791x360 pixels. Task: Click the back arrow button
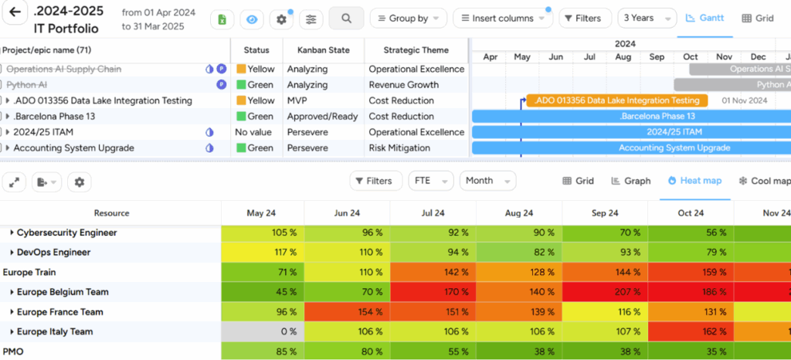15,14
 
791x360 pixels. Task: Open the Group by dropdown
408,18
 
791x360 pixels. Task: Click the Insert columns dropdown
502,18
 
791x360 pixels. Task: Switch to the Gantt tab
704,18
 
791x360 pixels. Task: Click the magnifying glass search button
346,18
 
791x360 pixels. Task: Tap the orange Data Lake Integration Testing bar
616,100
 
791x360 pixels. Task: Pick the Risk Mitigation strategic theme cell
399,148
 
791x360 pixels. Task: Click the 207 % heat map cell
606,292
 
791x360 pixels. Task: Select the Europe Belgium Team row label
63,292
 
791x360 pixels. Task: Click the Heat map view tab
695,181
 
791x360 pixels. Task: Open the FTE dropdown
431,181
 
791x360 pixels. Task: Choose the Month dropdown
487,181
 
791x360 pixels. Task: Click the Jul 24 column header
433,213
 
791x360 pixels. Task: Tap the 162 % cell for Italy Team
689,332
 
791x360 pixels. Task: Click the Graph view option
631,181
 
